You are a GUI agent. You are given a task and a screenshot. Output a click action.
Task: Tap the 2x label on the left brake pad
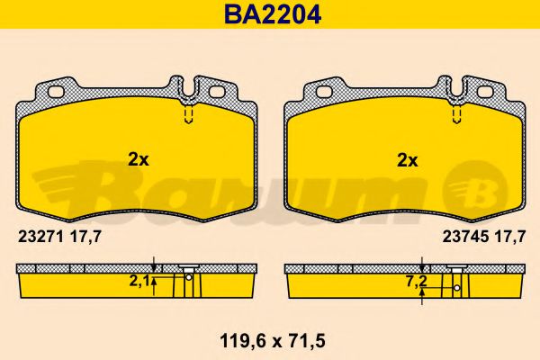pos(138,159)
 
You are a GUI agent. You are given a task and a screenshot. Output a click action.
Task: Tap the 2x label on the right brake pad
pos(408,161)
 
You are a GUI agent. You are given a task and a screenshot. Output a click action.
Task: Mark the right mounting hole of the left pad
pos(217,91)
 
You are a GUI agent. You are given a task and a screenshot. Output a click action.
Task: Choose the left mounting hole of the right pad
pos(322,91)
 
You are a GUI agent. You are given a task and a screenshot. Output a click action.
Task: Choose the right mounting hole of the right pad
pos(485,91)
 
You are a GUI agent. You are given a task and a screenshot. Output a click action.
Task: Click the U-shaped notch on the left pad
pos(189,88)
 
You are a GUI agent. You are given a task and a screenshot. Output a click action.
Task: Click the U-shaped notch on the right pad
pos(457,88)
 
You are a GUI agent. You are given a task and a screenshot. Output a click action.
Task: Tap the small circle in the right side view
pos(457,288)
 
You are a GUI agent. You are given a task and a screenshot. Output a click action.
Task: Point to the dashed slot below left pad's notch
pos(189,117)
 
